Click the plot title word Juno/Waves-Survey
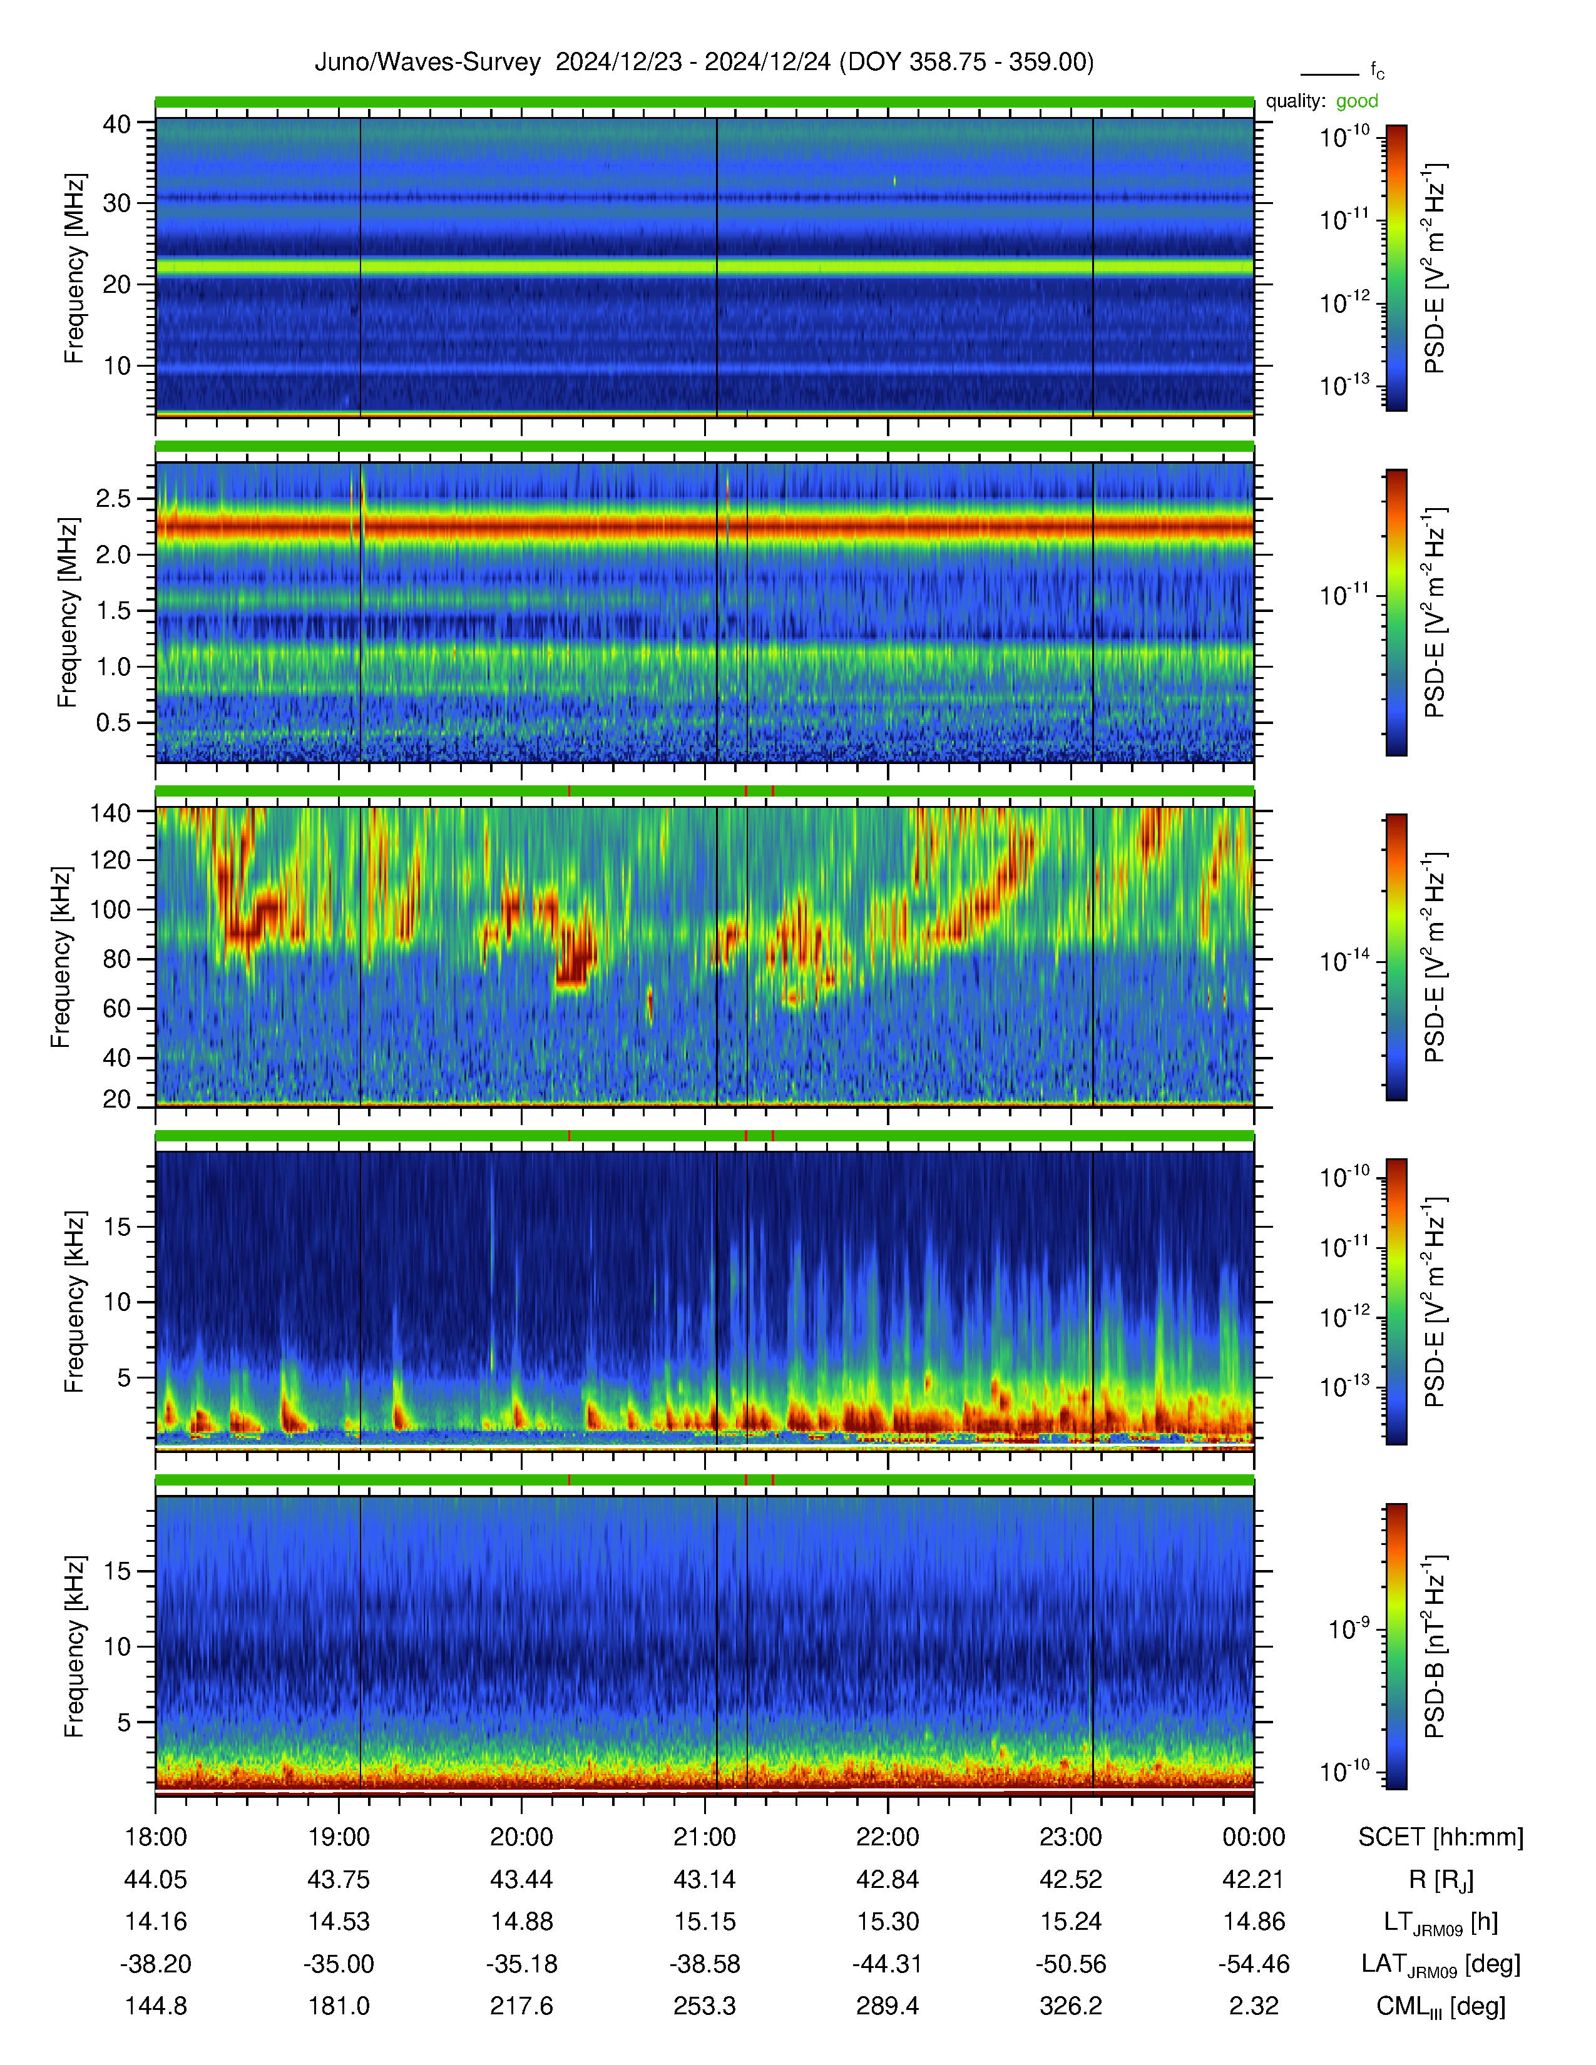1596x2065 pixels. (427, 63)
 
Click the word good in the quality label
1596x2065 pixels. (1357, 101)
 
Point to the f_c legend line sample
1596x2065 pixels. (1329, 74)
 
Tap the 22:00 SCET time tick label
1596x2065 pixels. (888, 1837)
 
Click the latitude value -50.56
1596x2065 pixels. (1070, 1964)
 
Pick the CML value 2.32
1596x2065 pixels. (1254, 2006)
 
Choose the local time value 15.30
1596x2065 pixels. (888, 1921)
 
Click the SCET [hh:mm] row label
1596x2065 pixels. (1441, 1837)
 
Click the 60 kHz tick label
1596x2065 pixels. (117, 1008)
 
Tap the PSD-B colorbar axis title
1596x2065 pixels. (1435, 1646)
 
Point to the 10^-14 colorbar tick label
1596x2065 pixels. (1344, 961)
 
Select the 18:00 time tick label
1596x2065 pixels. (156, 1837)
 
